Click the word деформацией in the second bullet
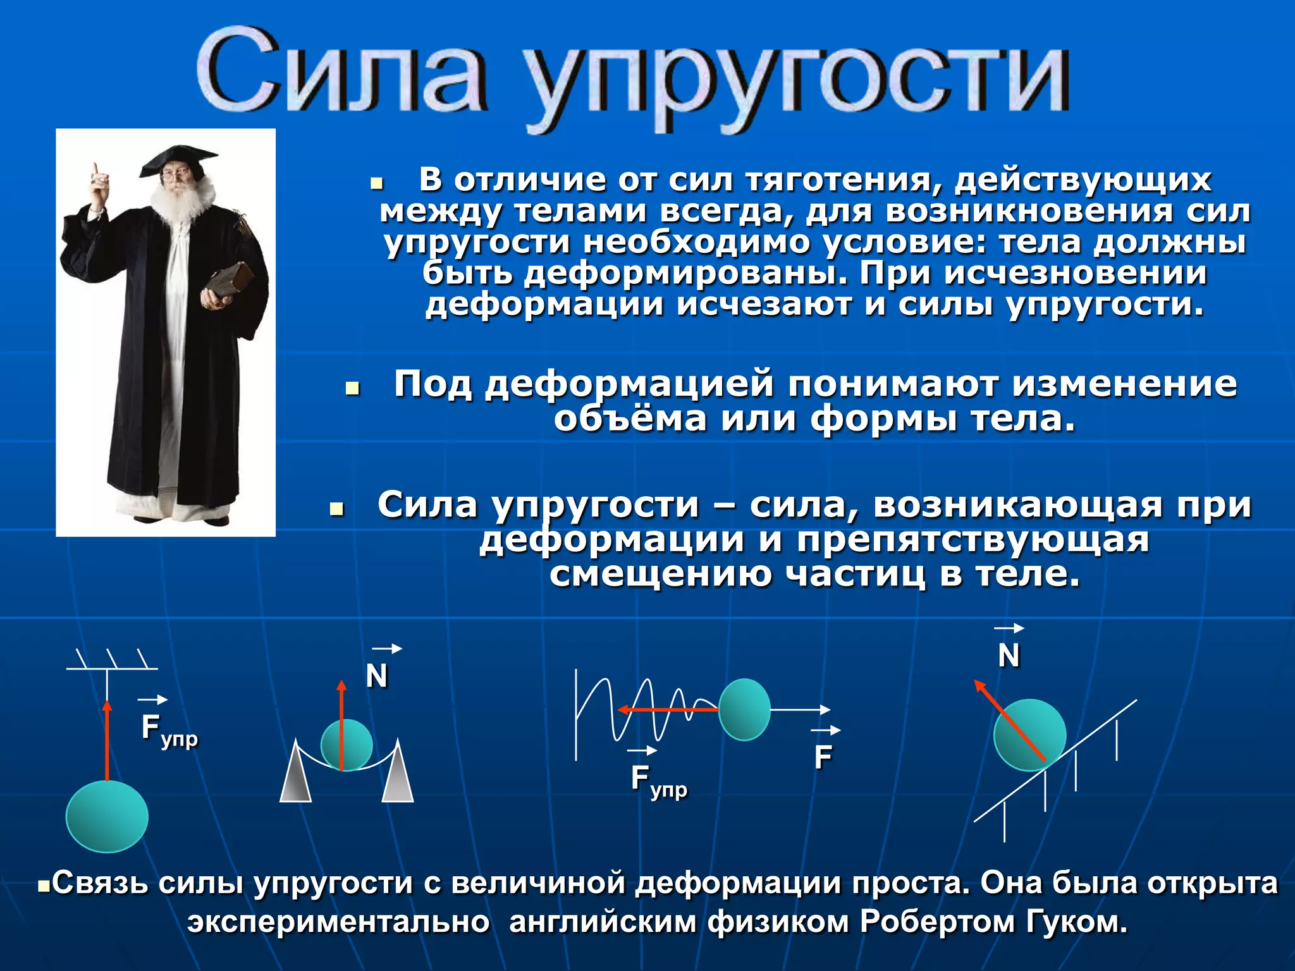629,384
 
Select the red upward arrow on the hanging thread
107,740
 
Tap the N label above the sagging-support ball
377,676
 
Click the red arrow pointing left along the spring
667,709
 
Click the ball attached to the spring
744,709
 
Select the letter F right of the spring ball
823,757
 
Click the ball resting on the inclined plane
1029,735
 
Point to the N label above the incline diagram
1009,656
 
